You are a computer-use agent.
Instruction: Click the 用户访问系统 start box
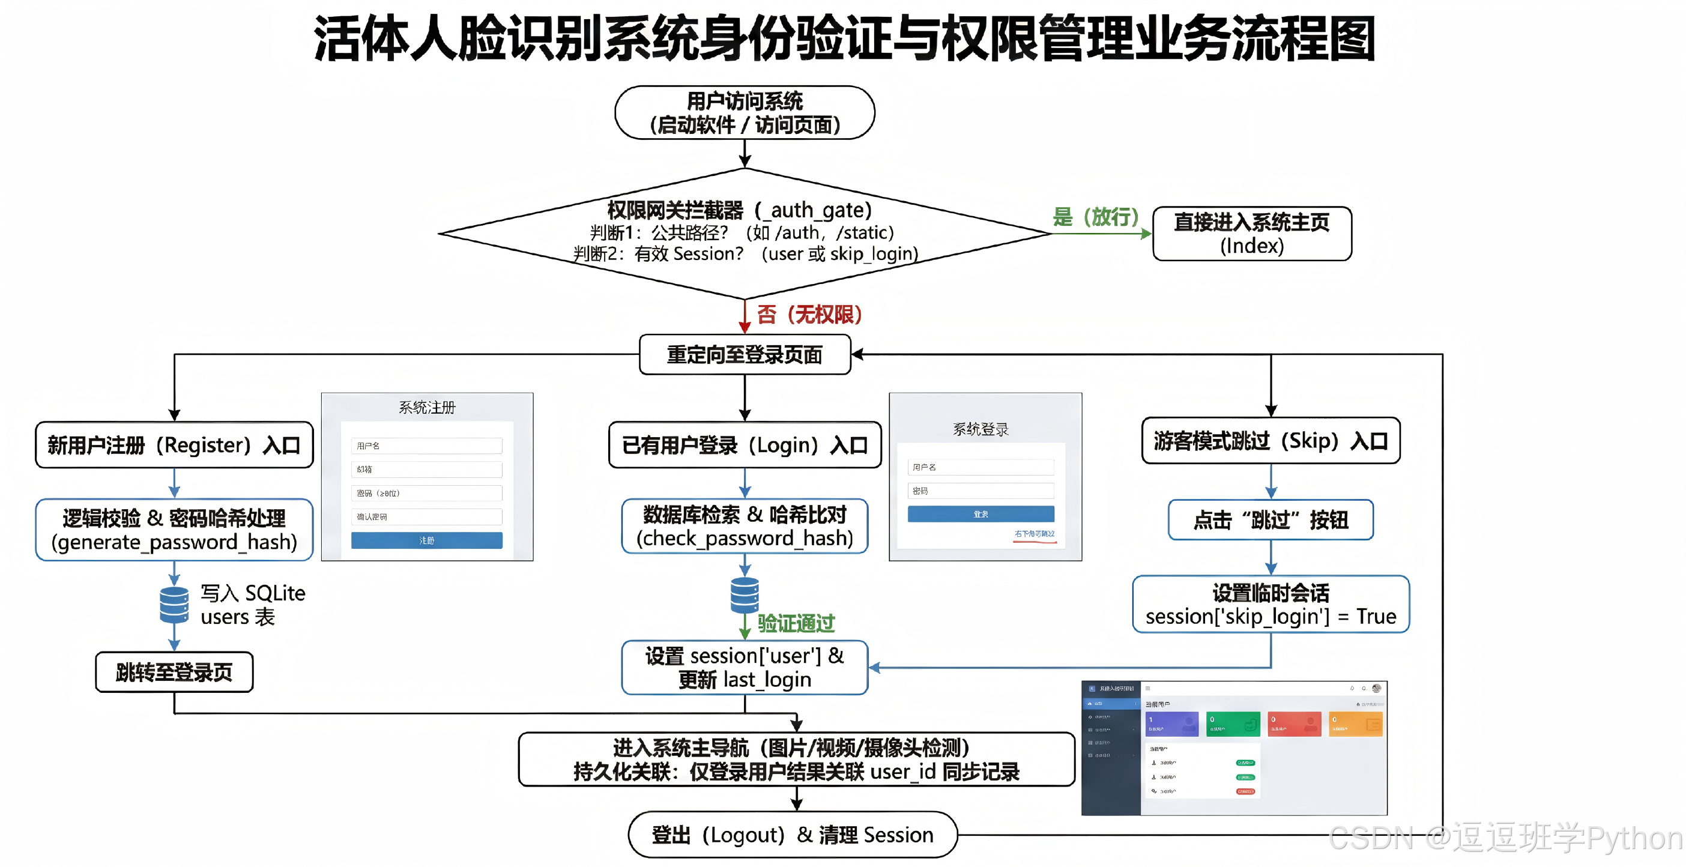coord(744,112)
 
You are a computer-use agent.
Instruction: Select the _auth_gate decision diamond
coord(744,232)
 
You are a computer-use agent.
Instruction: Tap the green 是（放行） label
coord(1095,217)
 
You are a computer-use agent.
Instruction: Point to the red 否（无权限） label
coord(809,315)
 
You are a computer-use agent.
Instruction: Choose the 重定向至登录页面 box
coord(744,355)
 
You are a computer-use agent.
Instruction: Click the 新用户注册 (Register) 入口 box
coord(174,445)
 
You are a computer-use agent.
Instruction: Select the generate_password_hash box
coord(174,530)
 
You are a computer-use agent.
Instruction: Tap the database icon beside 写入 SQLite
coord(174,605)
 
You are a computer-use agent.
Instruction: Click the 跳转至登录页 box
coord(174,672)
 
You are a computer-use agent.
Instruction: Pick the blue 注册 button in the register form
coord(427,540)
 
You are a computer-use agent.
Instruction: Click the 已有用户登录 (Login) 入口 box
coord(744,445)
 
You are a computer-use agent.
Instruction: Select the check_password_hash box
coord(744,527)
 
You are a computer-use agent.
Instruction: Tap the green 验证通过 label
coord(796,624)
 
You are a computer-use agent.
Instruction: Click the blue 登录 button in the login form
coord(980,514)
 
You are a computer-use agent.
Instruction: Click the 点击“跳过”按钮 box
coord(1271,520)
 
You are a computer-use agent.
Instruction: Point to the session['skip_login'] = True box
coord(1271,605)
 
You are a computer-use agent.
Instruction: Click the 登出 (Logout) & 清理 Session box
coord(792,835)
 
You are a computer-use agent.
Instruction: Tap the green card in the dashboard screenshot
coord(1233,724)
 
